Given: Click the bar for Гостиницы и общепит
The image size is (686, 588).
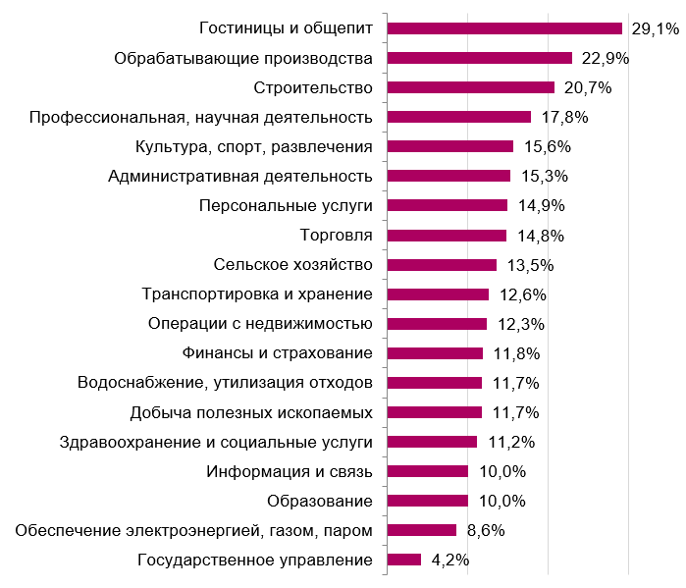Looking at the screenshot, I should tap(504, 28).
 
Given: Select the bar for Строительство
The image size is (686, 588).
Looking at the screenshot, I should tap(471, 87).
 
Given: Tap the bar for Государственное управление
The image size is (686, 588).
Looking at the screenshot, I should tap(404, 560).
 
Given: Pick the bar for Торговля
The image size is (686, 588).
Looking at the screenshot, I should tap(447, 235).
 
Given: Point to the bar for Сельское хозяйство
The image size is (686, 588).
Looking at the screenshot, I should tap(442, 264).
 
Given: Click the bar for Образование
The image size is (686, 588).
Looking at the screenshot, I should tap(428, 501).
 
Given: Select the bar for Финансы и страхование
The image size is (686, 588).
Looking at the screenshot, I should tap(435, 353).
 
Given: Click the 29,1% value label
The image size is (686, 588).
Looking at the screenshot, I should tap(655, 29).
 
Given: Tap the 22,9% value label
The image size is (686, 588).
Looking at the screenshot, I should tap(605, 59).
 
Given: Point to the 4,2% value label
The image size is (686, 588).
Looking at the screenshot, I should tap(450, 560).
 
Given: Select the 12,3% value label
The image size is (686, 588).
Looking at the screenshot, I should tap(517, 324).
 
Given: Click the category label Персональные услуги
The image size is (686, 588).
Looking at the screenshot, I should tap(285, 206).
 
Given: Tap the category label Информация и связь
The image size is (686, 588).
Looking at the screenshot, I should tap(290, 471).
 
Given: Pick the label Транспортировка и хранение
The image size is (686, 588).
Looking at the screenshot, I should tap(257, 294).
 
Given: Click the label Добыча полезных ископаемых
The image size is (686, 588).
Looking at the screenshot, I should tap(251, 412).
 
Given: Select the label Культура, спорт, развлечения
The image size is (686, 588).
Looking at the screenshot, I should tap(253, 147).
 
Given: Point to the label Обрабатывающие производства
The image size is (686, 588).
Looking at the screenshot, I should tap(243, 59).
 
